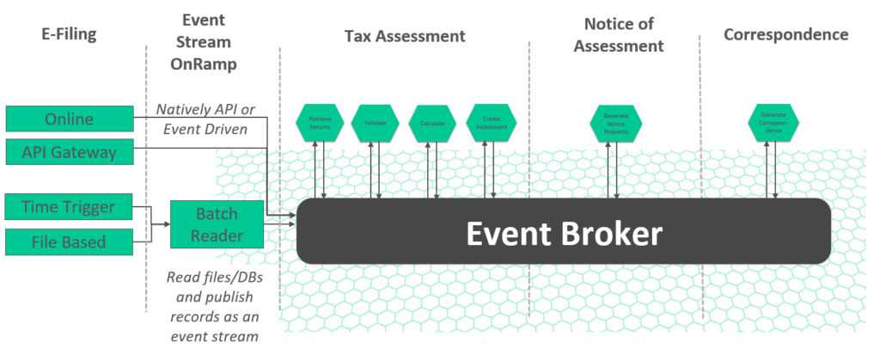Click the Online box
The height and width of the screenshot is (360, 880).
(x=70, y=119)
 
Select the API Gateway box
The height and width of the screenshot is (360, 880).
(x=70, y=154)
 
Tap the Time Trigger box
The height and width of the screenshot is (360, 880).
(x=70, y=207)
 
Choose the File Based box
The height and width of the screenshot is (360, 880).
(x=70, y=241)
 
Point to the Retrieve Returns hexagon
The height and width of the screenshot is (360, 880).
(x=321, y=123)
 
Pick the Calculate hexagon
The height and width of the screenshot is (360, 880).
(x=432, y=123)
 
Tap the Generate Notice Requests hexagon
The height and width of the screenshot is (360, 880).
(x=614, y=123)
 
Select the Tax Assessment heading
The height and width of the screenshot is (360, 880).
(x=405, y=36)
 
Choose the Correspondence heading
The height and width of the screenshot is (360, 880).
(x=785, y=35)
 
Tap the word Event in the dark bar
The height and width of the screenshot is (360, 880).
(x=508, y=233)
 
